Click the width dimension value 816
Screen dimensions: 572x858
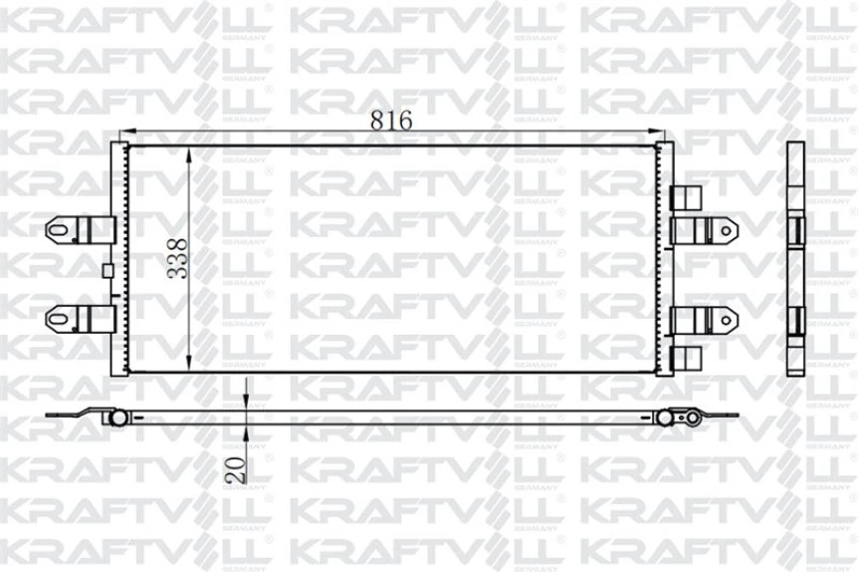[391, 119]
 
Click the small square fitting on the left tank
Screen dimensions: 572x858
[107, 269]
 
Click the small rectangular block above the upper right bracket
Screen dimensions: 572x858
[687, 196]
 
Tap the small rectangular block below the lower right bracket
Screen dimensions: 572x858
[687, 355]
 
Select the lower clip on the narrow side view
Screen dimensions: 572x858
[796, 320]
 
